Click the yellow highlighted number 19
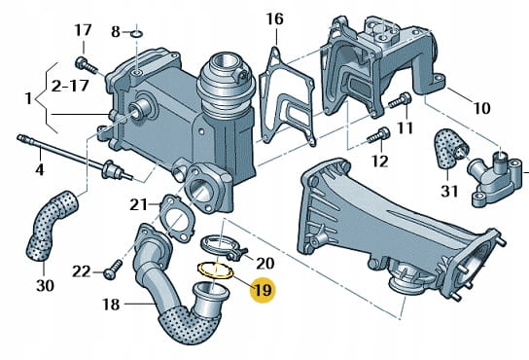coord(263,290)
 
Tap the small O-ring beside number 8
coord(137,34)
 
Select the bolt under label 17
coord(87,65)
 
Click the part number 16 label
coord(274,19)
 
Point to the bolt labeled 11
coord(400,100)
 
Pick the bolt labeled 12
coord(378,135)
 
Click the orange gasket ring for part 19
coord(215,270)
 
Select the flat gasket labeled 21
coord(176,218)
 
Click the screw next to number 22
coord(113,270)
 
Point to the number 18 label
coord(111,305)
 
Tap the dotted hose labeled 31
coord(447,149)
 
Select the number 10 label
coord(481,108)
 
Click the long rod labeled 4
coord(75,158)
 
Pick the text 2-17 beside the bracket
coord(70,87)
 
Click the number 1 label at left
coord(28,98)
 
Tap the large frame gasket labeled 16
coord(287,98)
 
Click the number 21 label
coord(139,204)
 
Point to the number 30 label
coord(45,286)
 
